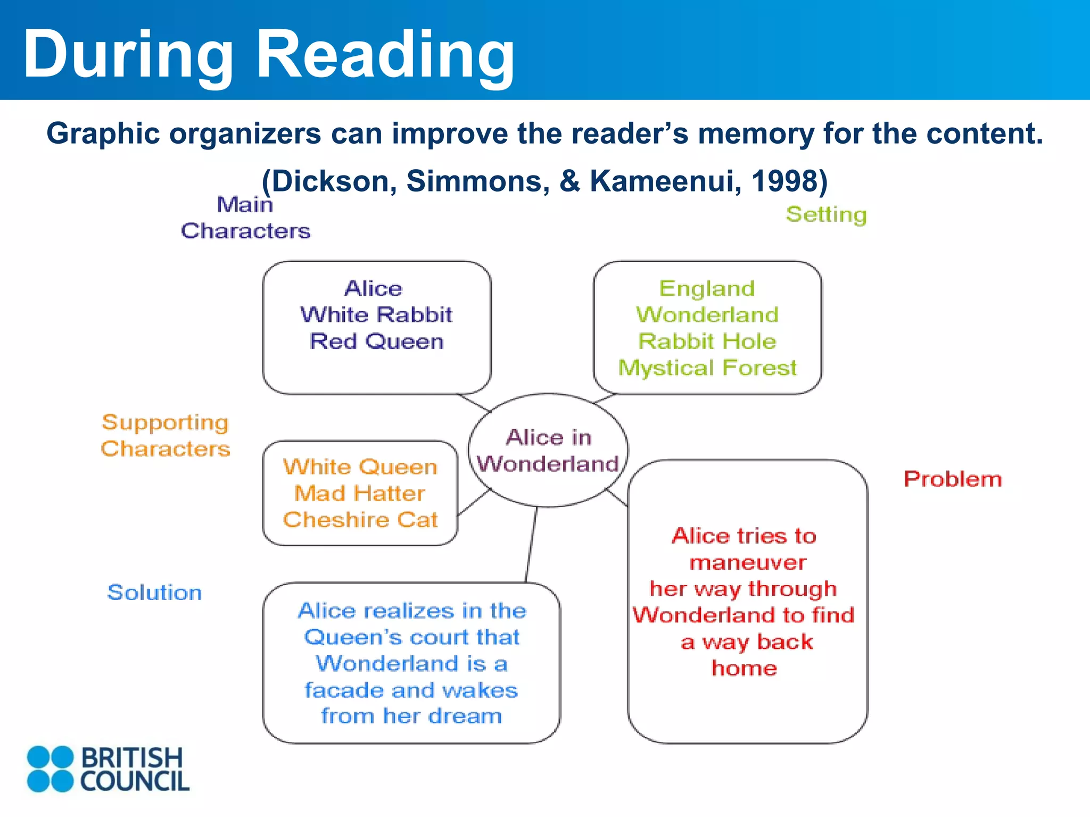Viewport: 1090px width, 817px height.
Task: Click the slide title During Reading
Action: (269, 54)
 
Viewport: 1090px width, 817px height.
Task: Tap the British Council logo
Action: (108, 769)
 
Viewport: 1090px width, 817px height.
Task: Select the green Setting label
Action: (826, 215)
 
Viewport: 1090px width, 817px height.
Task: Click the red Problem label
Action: (953, 479)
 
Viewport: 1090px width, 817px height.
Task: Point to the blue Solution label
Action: (155, 593)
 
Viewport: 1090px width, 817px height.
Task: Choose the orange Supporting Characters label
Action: (166, 436)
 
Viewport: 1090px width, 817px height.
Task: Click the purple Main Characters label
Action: (245, 218)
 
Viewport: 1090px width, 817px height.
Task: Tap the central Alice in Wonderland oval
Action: (548, 451)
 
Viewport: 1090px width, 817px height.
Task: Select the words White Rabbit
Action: (376, 315)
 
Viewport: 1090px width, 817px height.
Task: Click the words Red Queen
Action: (376, 341)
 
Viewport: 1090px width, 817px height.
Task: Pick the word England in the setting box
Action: (707, 288)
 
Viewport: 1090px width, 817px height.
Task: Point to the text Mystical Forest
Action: (707, 368)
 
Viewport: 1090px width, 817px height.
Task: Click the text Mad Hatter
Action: (360, 494)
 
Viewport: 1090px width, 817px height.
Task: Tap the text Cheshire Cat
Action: (360, 520)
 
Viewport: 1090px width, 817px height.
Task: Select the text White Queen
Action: (360, 467)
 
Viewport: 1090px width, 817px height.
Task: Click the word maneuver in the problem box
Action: (747, 563)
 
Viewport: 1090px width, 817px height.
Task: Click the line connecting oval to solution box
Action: (531, 545)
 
